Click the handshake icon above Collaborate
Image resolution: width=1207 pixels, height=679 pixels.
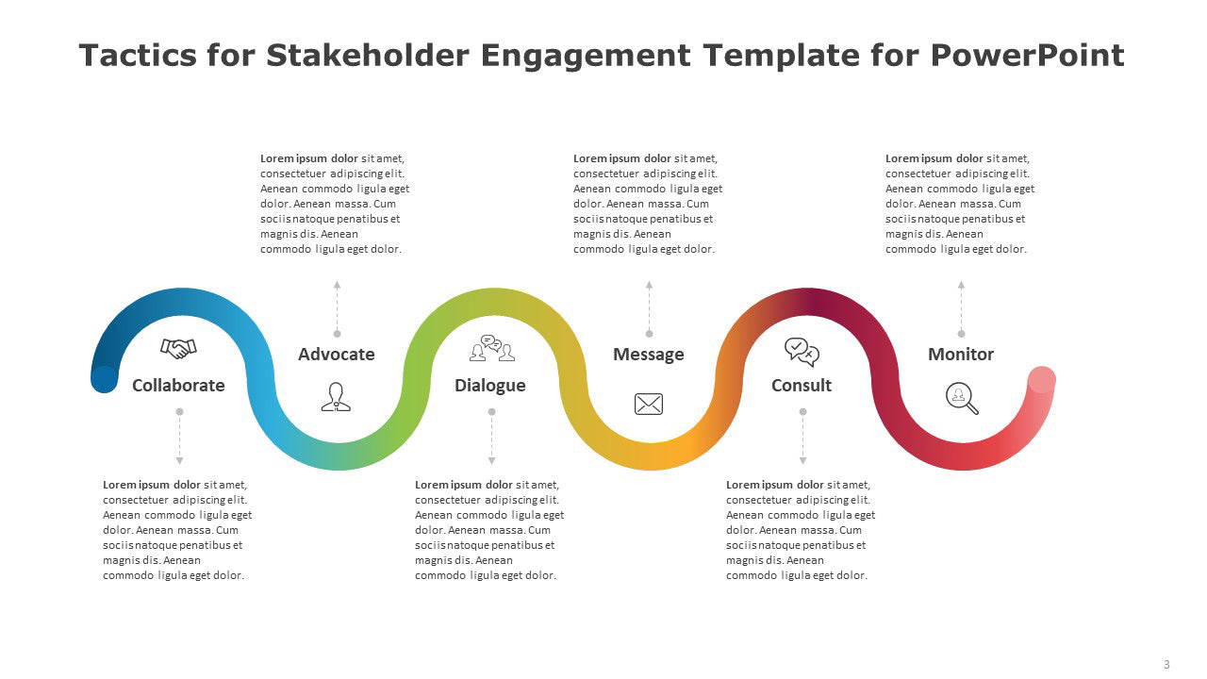coord(178,348)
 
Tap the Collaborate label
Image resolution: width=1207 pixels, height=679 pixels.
coord(178,386)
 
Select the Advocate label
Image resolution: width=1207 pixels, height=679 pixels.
coord(337,354)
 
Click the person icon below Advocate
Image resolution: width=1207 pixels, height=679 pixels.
coord(336,397)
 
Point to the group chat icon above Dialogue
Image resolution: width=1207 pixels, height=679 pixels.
coord(492,348)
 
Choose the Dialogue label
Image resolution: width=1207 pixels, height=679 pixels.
coord(489,386)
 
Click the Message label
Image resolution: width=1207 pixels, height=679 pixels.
coord(648,354)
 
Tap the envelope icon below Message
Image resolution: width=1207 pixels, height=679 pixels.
coord(649,405)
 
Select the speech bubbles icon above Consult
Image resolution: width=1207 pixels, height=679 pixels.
coord(802,353)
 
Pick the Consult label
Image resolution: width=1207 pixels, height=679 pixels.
coord(802,386)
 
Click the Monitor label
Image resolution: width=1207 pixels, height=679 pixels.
coord(961,354)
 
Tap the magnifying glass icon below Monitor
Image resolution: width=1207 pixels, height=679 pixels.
coord(962,398)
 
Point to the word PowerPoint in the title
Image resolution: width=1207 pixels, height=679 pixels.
coord(1027,55)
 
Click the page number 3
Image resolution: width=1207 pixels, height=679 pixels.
coord(1166,665)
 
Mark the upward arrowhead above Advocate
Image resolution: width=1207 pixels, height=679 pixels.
coord(337,285)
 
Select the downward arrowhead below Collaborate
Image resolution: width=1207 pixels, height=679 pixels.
coord(179,461)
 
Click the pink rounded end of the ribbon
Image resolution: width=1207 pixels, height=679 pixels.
coord(1042,380)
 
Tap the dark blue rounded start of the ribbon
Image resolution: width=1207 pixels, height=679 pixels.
coord(105,379)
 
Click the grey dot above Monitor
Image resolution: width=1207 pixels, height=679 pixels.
coord(961,334)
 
